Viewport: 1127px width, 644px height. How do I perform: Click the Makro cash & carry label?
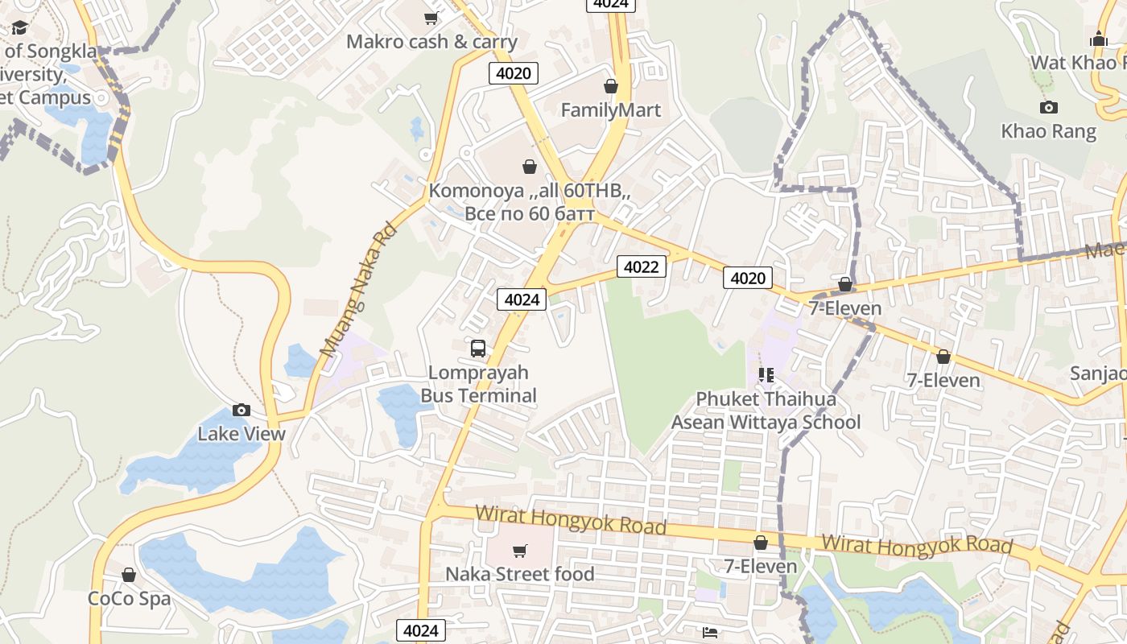click(x=431, y=42)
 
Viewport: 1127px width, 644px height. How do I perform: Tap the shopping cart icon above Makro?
click(x=431, y=18)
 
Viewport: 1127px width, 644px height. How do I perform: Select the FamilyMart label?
click(x=610, y=110)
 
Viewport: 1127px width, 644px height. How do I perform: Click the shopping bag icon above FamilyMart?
click(x=611, y=86)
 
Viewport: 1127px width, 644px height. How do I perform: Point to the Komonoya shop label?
click(x=529, y=202)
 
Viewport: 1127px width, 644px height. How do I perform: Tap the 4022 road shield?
click(x=642, y=266)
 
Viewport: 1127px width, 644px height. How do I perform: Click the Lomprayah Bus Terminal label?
click(x=478, y=384)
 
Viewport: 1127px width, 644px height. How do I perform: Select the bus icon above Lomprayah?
click(x=478, y=349)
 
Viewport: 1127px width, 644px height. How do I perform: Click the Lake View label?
click(x=242, y=434)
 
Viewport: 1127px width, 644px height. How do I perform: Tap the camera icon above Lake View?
click(x=242, y=411)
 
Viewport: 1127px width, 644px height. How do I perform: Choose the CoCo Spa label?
click(x=129, y=599)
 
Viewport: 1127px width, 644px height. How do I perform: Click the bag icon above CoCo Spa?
click(x=129, y=575)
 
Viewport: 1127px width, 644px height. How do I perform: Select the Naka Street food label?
click(x=520, y=574)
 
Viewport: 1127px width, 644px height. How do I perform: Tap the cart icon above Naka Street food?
click(x=520, y=551)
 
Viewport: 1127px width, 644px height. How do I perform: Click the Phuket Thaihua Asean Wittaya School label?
click(x=766, y=411)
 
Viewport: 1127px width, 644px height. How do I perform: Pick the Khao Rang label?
click(x=1048, y=131)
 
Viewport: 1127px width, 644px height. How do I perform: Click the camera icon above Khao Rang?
click(x=1048, y=107)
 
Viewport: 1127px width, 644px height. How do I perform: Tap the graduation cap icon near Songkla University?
click(x=19, y=28)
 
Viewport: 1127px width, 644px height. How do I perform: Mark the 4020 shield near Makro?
click(x=514, y=73)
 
